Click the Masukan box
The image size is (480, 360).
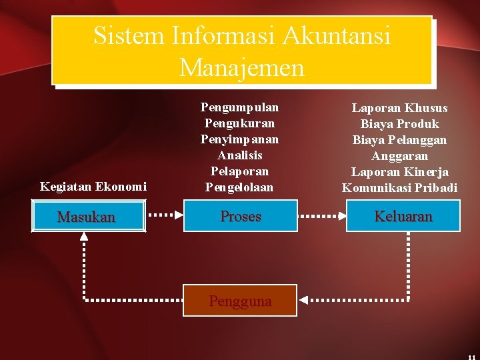pyautogui.click(x=87, y=217)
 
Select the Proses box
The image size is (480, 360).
pyautogui.click(x=240, y=216)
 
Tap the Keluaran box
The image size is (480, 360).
pyautogui.click(x=403, y=216)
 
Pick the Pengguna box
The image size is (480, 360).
pyautogui.click(x=240, y=301)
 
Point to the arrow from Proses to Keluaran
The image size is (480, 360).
pyautogui.click(x=321, y=216)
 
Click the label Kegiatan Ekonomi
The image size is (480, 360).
pyautogui.click(x=93, y=187)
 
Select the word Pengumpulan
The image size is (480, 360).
pyautogui.click(x=240, y=107)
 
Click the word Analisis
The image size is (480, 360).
pyautogui.click(x=240, y=155)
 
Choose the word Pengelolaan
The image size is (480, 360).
pyautogui.click(x=240, y=187)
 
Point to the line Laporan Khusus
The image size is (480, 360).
pyautogui.click(x=400, y=108)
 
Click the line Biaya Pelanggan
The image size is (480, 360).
pyautogui.click(x=400, y=140)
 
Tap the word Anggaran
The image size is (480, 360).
pyautogui.click(x=400, y=156)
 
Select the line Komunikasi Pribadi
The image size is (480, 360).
pyautogui.click(x=400, y=188)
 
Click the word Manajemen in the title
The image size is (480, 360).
pyautogui.click(x=241, y=67)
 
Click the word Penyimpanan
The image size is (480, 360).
pyautogui.click(x=240, y=139)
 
